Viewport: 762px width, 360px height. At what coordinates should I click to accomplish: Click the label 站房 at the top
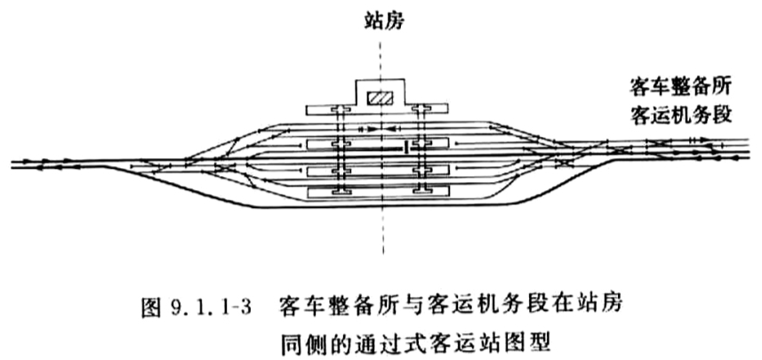coord(383,23)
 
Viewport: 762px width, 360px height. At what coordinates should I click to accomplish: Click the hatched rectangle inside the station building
coord(381,98)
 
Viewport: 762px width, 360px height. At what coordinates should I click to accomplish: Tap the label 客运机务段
coord(680,116)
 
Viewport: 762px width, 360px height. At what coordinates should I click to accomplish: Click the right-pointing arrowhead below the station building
coord(372,130)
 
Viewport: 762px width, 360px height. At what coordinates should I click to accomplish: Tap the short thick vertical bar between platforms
coord(405,148)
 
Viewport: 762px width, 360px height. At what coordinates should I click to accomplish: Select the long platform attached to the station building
coord(377,109)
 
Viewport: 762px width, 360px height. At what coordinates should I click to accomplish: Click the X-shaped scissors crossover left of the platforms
coord(225,167)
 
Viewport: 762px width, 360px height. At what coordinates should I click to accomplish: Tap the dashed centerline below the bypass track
coord(383,231)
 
